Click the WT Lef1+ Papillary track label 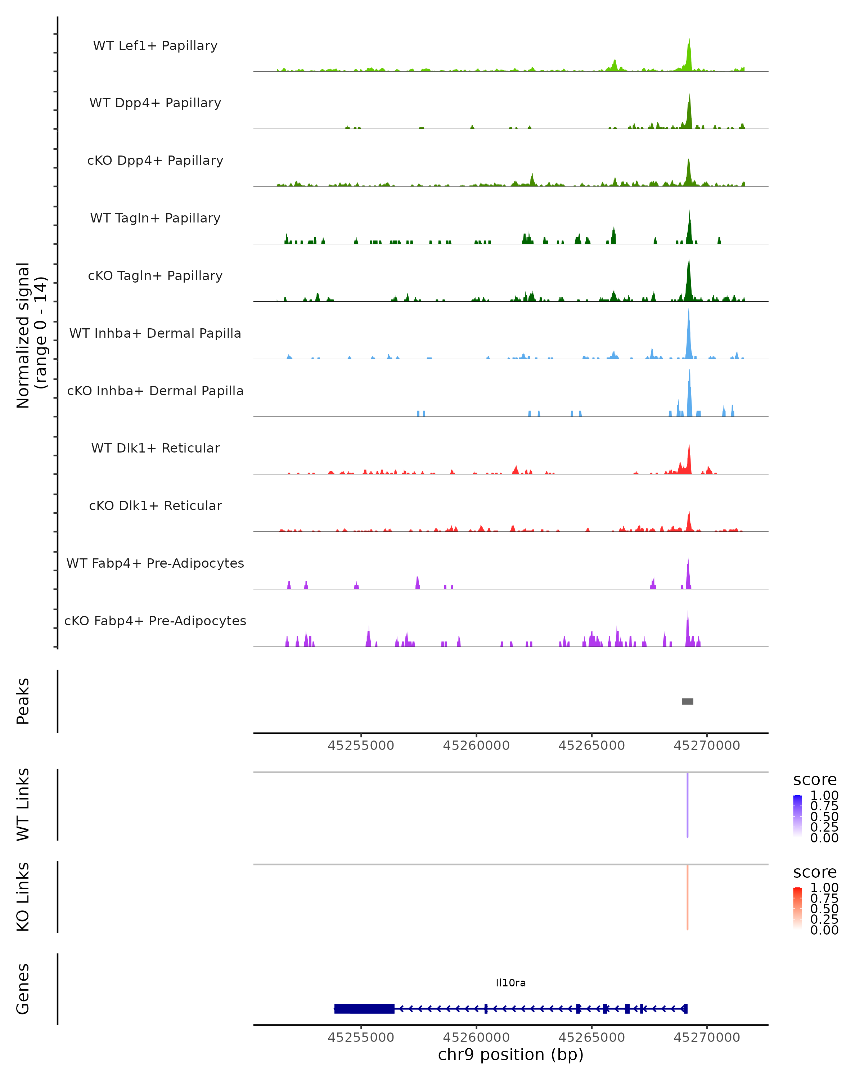(x=155, y=46)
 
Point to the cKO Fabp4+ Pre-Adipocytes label (x=155, y=621)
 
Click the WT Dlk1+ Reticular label (x=155, y=448)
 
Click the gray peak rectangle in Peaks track (x=687, y=701)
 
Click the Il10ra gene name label (x=510, y=983)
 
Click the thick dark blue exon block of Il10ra (x=364, y=1008)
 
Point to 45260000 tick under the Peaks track (x=476, y=746)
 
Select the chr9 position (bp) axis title (x=510, y=1054)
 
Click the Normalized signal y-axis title (x=31, y=336)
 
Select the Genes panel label (x=23, y=989)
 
